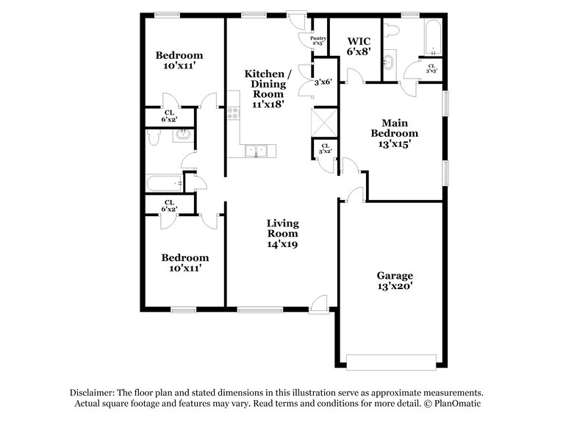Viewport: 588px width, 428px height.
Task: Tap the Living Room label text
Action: click(x=282, y=233)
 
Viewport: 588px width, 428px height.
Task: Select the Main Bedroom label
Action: click(x=399, y=133)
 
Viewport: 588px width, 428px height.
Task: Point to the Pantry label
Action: click(x=318, y=41)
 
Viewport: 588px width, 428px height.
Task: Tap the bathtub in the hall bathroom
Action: click(x=163, y=181)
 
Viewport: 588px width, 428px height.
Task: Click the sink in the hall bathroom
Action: click(x=182, y=135)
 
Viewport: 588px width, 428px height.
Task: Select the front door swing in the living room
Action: click(x=318, y=302)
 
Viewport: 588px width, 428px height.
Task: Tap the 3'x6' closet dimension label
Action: click(x=324, y=82)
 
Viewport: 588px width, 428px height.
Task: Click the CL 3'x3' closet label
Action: click(x=431, y=68)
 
